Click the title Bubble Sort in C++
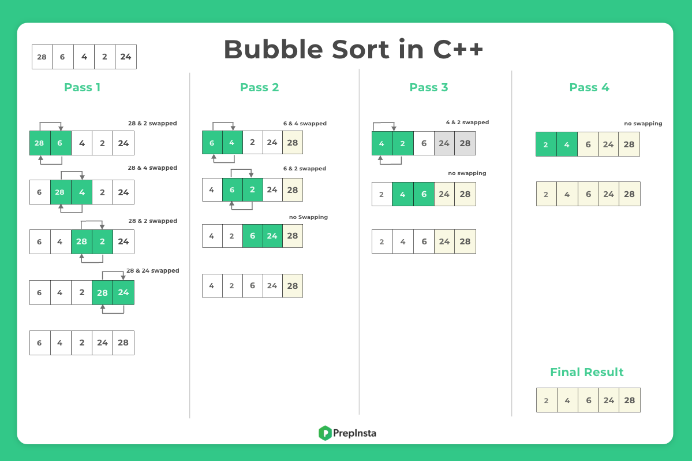[x=353, y=49]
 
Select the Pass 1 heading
[x=82, y=87]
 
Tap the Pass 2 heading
[x=260, y=87]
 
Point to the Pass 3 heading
[x=428, y=87]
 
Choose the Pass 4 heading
[x=589, y=87]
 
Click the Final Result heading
[x=586, y=372]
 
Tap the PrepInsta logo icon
[x=325, y=433]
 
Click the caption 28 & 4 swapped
[x=152, y=168]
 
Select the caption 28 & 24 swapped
[x=153, y=271]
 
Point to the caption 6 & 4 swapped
[x=305, y=124]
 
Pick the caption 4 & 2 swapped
[x=467, y=122]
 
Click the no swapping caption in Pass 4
[x=643, y=124]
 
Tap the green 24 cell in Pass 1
[x=124, y=292]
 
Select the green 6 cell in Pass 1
[x=61, y=143]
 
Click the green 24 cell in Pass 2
[x=272, y=236]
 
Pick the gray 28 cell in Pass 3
[x=465, y=143]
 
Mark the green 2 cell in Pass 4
[x=546, y=144]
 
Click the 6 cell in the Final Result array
[x=588, y=400]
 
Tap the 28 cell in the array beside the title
[x=42, y=57]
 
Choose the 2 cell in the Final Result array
[x=547, y=400]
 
